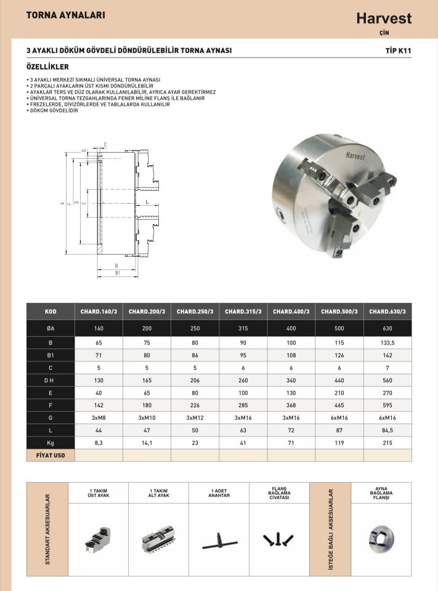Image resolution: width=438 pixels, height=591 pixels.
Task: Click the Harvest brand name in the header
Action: (x=384, y=18)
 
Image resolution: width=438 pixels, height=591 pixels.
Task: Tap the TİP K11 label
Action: (x=399, y=50)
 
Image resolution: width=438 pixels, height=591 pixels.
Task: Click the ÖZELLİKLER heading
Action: (x=47, y=66)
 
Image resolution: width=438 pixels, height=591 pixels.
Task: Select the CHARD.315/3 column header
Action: (x=243, y=312)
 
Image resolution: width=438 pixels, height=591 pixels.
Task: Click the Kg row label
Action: (x=51, y=443)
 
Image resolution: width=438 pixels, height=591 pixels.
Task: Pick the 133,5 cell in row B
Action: (x=387, y=343)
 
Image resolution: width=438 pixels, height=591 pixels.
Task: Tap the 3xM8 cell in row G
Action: (x=99, y=417)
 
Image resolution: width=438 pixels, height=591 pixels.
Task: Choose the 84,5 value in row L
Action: (x=387, y=430)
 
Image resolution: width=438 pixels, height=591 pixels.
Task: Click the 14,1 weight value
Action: (x=147, y=443)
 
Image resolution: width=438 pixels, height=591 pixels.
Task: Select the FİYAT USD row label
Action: (x=51, y=456)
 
